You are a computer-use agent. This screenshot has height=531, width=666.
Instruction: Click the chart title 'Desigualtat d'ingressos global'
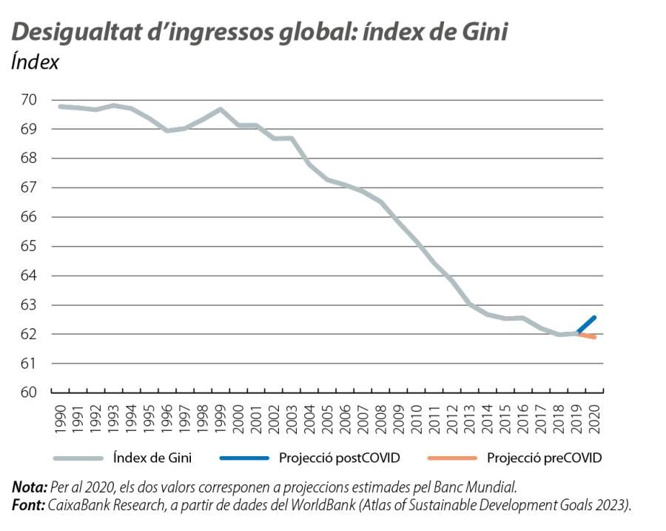pyautogui.click(x=259, y=32)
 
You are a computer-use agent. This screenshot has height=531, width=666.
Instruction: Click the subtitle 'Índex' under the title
pyautogui.click(x=35, y=62)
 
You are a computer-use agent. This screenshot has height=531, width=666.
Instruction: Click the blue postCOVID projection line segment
pyautogui.click(x=586, y=325)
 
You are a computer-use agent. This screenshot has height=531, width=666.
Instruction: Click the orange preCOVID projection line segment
pyautogui.click(x=586, y=335)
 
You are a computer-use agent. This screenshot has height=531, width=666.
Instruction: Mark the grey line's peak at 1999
pyautogui.click(x=220, y=110)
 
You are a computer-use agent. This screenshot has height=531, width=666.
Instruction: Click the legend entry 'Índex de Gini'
pyautogui.click(x=152, y=458)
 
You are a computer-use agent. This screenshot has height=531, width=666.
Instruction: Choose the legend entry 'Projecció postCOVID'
pyautogui.click(x=339, y=458)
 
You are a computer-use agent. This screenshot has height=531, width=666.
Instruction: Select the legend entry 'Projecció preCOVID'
pyautogui.click(x=544, y=458)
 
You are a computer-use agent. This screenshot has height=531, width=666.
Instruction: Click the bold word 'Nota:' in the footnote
pyautogui.click(x=29, y=487)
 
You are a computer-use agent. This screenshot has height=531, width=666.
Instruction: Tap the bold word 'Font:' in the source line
pyautogui.click(x=28, y=504)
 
